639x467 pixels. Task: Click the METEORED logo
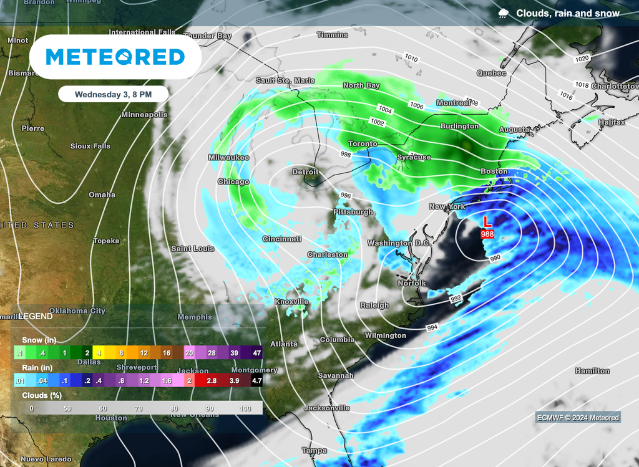pyautogui.click(x=115, y=57)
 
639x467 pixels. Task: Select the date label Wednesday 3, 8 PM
pyautogui.click(x=113, y=95)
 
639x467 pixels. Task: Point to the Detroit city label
pyautogui.click(x=305, y=171)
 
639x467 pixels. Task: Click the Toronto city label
pyautogui.click(x=363, y=143)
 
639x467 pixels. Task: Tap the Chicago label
pyautogui.click(x=233, y=182)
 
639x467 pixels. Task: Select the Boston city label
pyautogui.click(x=494, y=171)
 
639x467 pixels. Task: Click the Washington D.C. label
pyautogui.click(x=398, y=243)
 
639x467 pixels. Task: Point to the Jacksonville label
pyautogui.click(x=326, y=408)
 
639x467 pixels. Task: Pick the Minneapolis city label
pyautogui.click(x=144, y=115)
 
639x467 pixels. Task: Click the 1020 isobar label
pyautogui.click(x=582, y=59)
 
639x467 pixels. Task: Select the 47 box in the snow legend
pyautogui.click(x=255, y=354)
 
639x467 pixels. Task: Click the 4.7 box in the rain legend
pyautogui.click(x=255, y=380)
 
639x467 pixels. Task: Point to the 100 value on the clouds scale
pyautogui.click(x=245, y=408)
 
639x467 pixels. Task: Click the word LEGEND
pyautogui.click(x=36, y=316)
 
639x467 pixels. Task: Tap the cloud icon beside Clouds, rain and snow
pyautogui.click(x=503, y=13)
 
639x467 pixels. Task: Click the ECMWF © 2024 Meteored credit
pyautogui.click(x=578, y=418)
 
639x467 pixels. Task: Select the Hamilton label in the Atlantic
pyautogui.click(x=592, y=371)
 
